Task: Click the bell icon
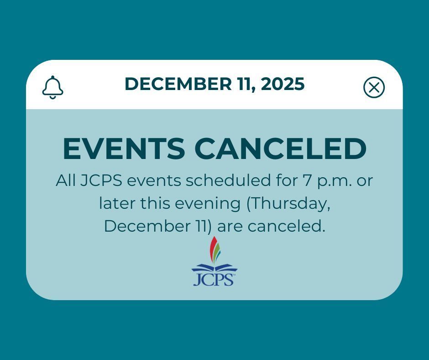click(x=52, y=87)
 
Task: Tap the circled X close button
click(x=374, y=87)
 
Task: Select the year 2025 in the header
click(x=283, y=84)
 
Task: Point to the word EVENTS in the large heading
click(x=124, y=148)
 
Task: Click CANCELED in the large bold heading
click(x=280, y=148)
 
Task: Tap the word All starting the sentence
click(x=65, y=180)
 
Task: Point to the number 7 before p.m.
click(x=307, y=181)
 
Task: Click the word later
click(x=117, y=203)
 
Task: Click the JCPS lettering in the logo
click(x=214, y=279)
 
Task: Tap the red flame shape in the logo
click(x=213, y=249)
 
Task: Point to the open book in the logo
click(x=214, y=268)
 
